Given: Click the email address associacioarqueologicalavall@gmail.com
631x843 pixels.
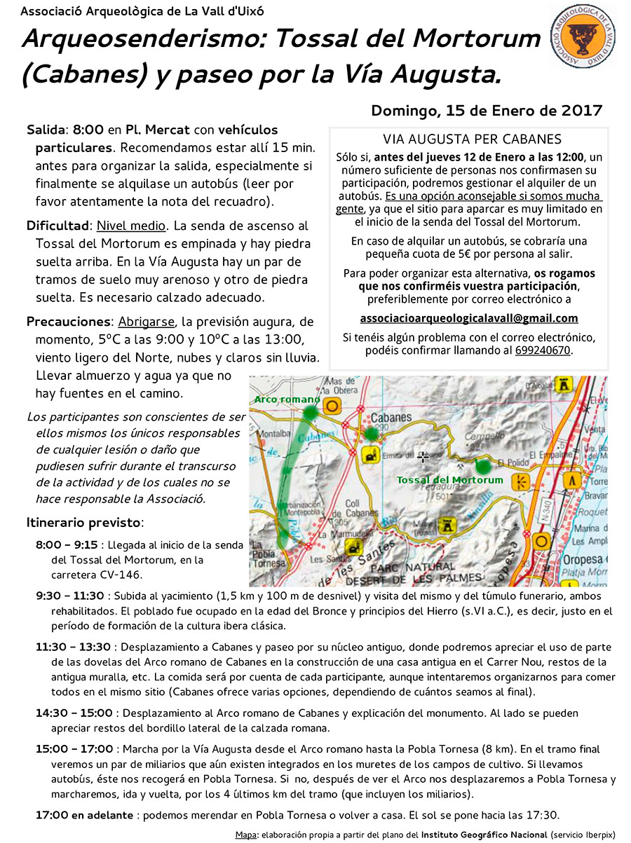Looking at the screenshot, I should (469, 317).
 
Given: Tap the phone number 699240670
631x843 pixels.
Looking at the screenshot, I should (543, 350).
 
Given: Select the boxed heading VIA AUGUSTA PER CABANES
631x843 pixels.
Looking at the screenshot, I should (472, 139).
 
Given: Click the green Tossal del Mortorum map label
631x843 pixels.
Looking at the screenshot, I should (449, 480).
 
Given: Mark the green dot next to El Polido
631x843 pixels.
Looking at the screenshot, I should (482, 465).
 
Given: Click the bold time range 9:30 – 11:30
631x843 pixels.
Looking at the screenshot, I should (69, 596).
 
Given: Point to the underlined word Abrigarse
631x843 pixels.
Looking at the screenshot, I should (147, 322).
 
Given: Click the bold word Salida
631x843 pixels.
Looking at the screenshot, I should (46, 130).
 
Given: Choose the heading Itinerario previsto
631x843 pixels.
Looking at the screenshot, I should (84, 523).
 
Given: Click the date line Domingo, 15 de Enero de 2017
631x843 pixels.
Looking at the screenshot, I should (486, 111).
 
